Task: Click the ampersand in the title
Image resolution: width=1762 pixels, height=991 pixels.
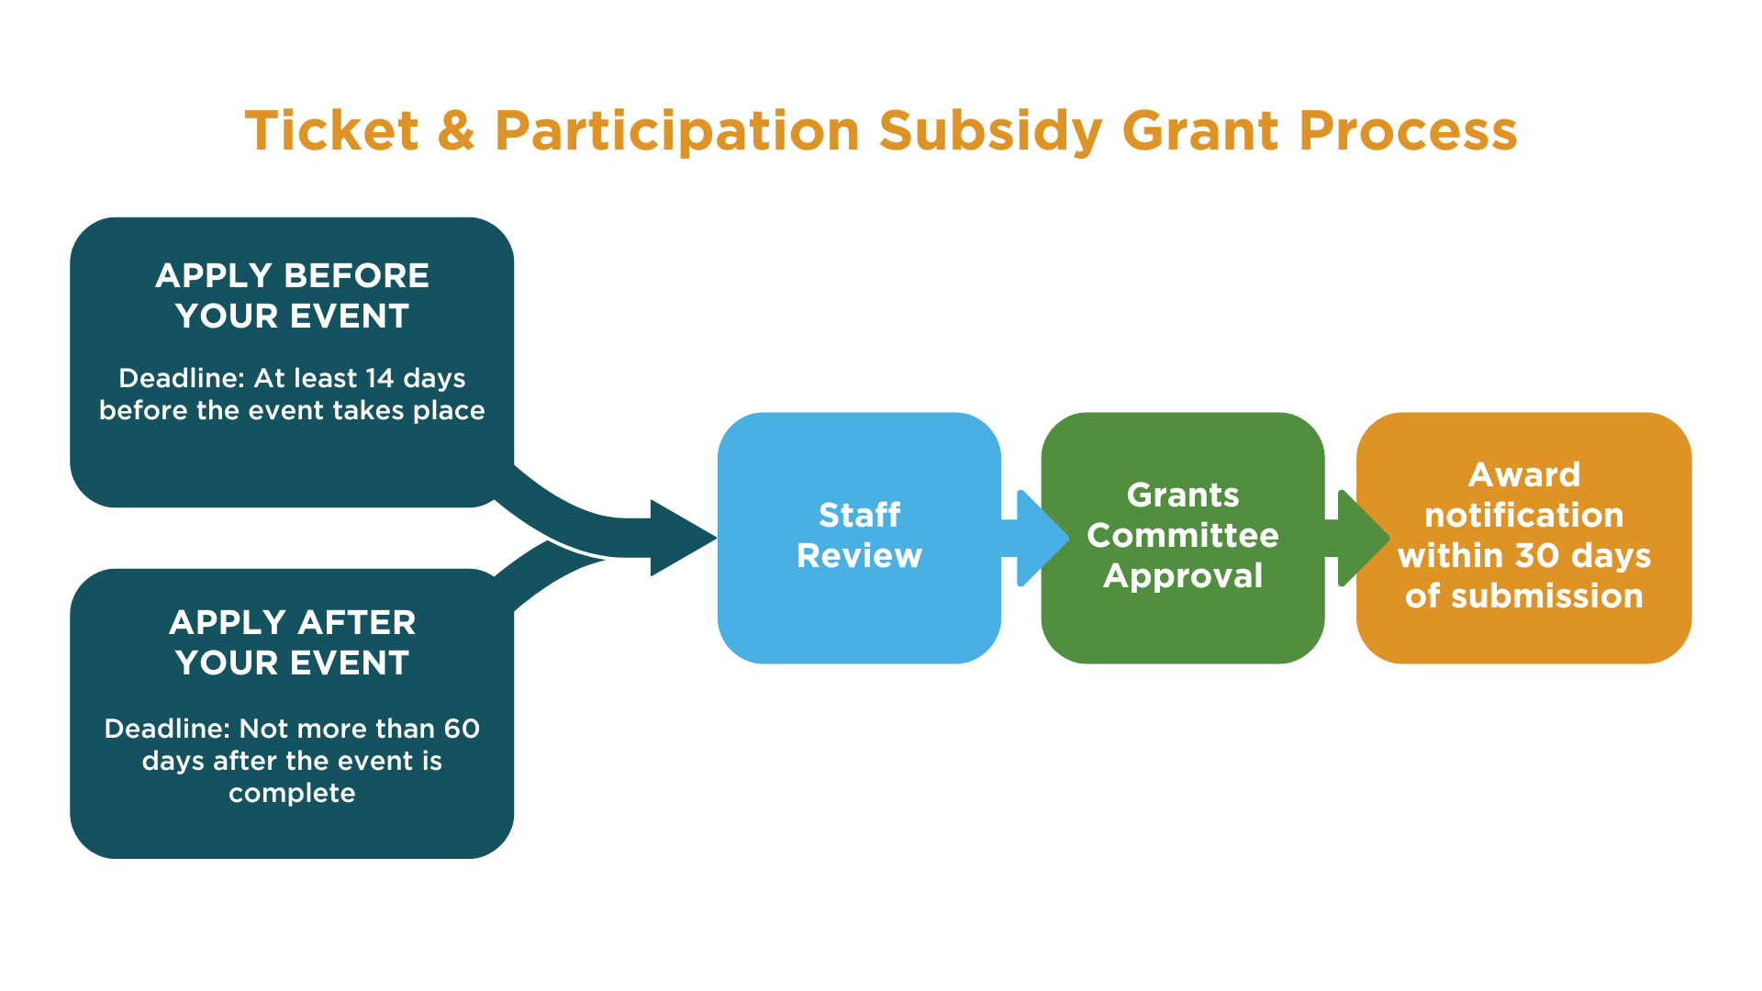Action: tap(456, 130)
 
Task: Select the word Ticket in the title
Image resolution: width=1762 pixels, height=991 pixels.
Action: tap(332, 130)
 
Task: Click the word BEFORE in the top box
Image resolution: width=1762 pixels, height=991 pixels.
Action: tap(356, 275)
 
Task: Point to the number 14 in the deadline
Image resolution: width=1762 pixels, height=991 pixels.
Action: tap(379, 378)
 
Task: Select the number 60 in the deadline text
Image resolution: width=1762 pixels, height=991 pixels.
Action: tap(462, 729)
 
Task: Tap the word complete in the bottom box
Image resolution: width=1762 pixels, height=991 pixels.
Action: tap(292, 794)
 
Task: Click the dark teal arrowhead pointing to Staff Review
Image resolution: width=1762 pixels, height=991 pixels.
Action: tap(683, 538)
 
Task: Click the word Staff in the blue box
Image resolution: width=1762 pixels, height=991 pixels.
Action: tap(859, 515)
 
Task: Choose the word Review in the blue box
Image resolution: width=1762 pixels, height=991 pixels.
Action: tap(859, 555)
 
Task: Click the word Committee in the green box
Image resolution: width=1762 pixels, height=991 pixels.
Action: tap(1183, 535)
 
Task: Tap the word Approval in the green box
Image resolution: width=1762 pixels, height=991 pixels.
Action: tap(1183, 576)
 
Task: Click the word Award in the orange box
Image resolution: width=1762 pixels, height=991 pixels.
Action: tap(1524, 474)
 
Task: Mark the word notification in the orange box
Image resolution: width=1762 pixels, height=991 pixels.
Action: tap(1524, 515)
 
